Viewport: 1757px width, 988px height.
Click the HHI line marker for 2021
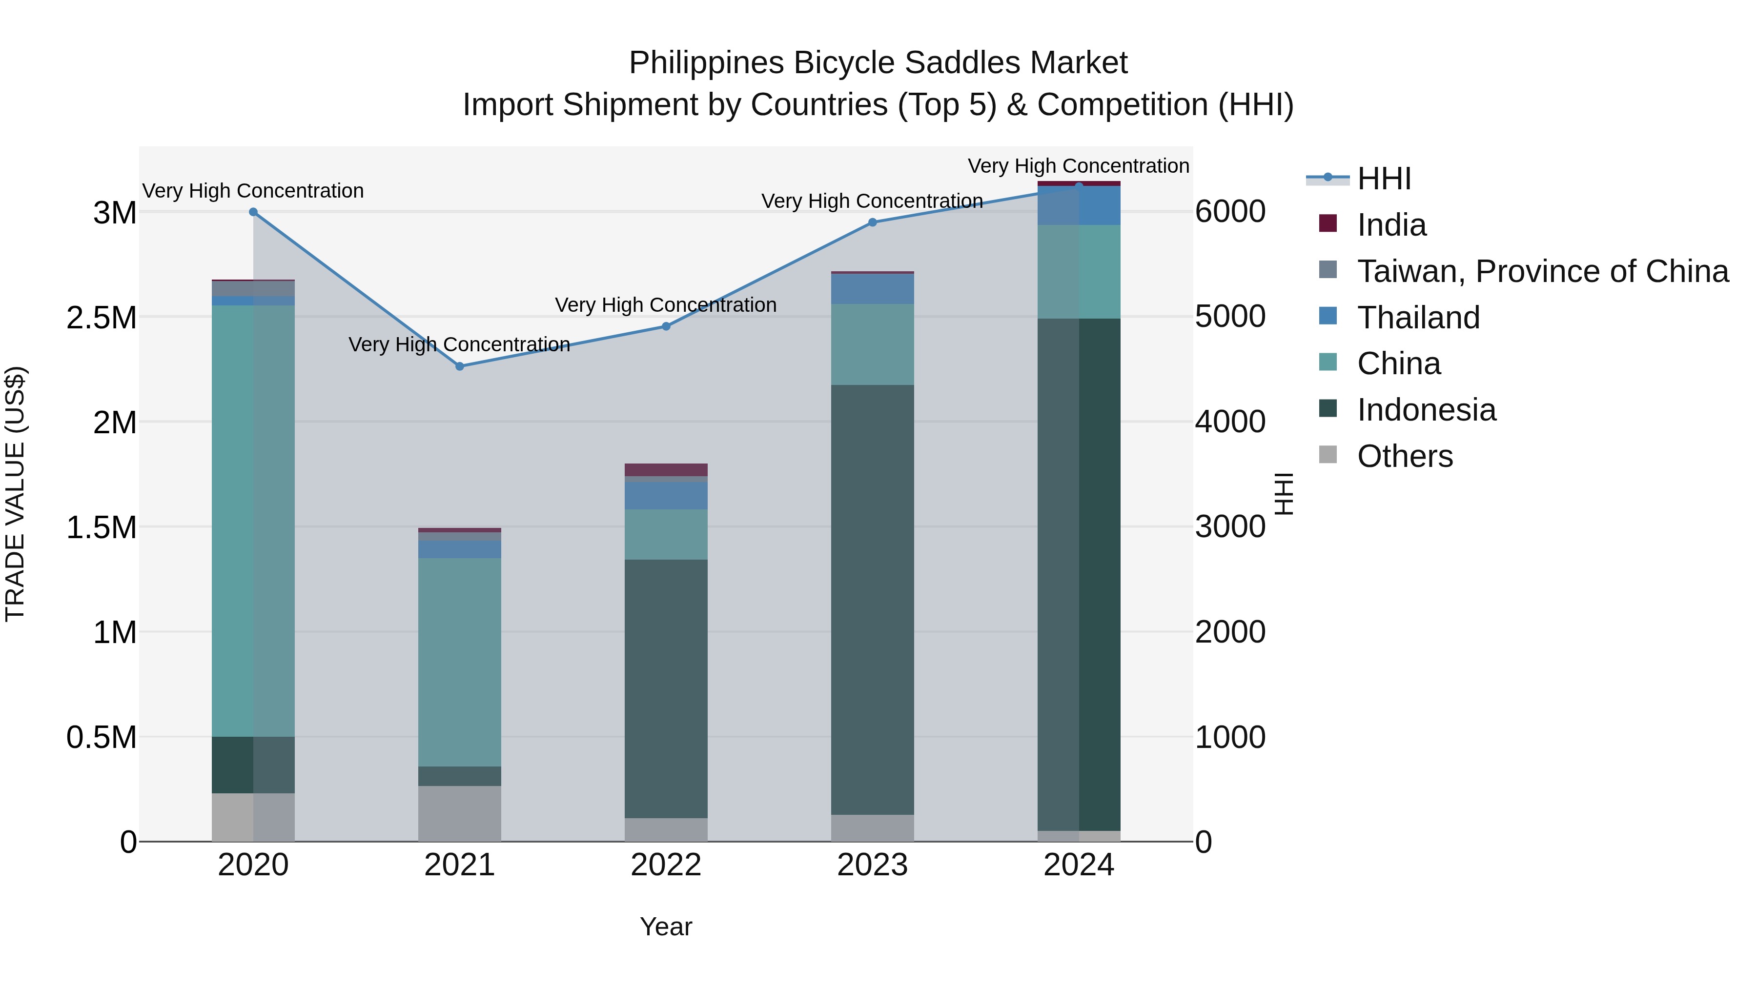click(x=460, y=366)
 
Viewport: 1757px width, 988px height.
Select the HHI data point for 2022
click(x=666, y=326)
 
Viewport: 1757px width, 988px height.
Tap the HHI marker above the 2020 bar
click(x=253, y=212)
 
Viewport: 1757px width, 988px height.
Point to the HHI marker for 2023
click(x=872, y=222)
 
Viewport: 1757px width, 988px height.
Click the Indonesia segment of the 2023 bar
click(x=872, y=600)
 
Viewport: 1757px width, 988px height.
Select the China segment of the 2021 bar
click(x=460, y=662)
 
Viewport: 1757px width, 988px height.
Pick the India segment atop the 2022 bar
click(x=666, y=470)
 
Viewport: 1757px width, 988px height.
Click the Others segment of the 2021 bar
click(x=460, y=813)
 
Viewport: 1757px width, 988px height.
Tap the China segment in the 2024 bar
click(x=1079, y=271)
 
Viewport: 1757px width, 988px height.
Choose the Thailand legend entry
click(x=1418, y=318)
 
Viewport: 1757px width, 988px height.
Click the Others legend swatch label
click(x=1404, y=456)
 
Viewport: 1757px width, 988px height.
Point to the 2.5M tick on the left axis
click(x=101, y=318)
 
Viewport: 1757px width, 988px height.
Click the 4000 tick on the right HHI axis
click(x=1230, y=422)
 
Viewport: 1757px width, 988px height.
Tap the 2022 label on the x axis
click(x=666, y=865)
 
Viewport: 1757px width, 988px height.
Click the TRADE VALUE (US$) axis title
click(x=15, y=494)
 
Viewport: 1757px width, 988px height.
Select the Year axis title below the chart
click(x=666, y=927)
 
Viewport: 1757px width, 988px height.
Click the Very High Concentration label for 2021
click(x=459, y=344)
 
